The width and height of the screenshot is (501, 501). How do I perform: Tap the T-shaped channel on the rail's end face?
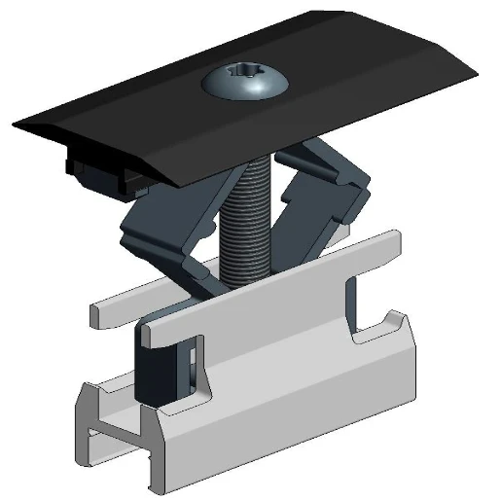tap(107, 428)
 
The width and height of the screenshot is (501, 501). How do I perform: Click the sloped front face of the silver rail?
tap(292, 409)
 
